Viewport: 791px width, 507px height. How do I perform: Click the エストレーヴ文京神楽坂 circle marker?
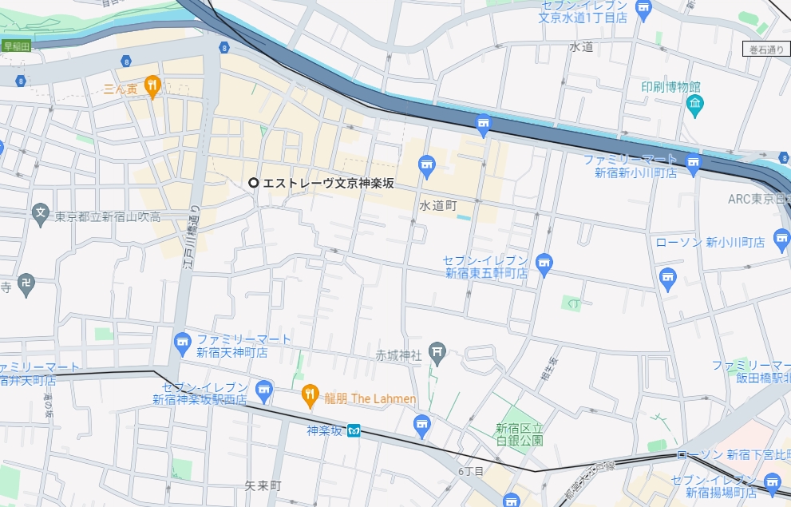coord(254,183)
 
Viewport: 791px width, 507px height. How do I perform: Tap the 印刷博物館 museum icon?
coord(694,103)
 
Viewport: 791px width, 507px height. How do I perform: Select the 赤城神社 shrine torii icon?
coord(437,351)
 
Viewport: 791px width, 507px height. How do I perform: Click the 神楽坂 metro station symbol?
coord(356,431)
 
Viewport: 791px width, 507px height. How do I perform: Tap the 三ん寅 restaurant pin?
coord(152,85)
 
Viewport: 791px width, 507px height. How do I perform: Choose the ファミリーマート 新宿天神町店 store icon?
coord(183,342)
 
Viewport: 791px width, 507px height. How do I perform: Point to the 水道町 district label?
coord(437,206)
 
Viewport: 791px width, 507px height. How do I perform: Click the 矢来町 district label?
coord(263,485)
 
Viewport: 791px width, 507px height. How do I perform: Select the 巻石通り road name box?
coord(766,50)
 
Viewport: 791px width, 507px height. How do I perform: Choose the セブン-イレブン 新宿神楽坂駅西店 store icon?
coord(264,389)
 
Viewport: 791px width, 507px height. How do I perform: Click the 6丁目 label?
coord(471,471)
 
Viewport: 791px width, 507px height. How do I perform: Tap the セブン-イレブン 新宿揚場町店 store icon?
coord(771,481)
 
